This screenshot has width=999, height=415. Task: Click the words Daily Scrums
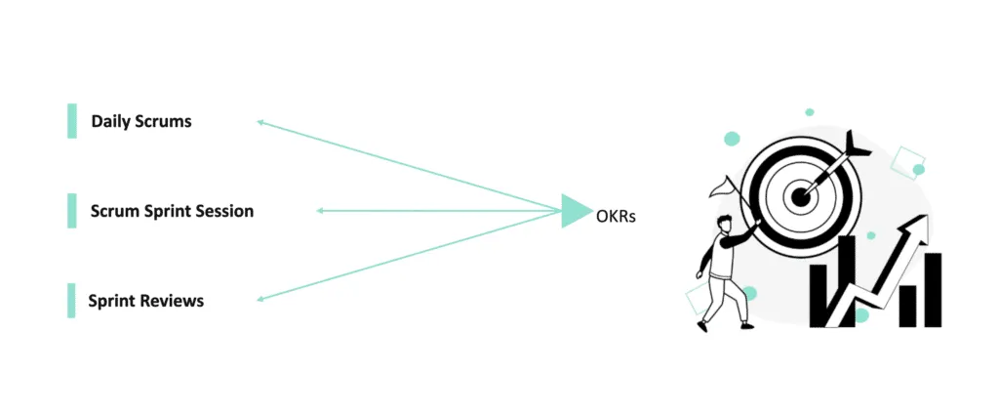tap(141, 122)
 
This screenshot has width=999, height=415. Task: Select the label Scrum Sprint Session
tap(172, 211)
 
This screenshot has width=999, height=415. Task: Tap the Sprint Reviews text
tap(146, 301)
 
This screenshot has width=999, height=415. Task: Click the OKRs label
tap(616, 216)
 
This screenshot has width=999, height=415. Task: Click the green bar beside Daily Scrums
tap(72, 121)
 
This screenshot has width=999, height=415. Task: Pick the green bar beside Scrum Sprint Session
tap(72, 211)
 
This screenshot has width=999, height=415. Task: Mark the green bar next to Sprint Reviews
tap(72, 301)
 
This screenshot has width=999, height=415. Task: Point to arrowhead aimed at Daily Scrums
tap(260, 122)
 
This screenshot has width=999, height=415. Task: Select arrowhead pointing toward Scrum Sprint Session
tap(321, 211)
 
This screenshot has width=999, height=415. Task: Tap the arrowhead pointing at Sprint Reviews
tap(261, 300)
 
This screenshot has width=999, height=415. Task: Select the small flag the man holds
tap(721, 185)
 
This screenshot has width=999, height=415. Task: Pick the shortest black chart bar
tap(907, 306)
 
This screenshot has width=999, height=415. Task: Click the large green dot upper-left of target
tap(732, 139)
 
